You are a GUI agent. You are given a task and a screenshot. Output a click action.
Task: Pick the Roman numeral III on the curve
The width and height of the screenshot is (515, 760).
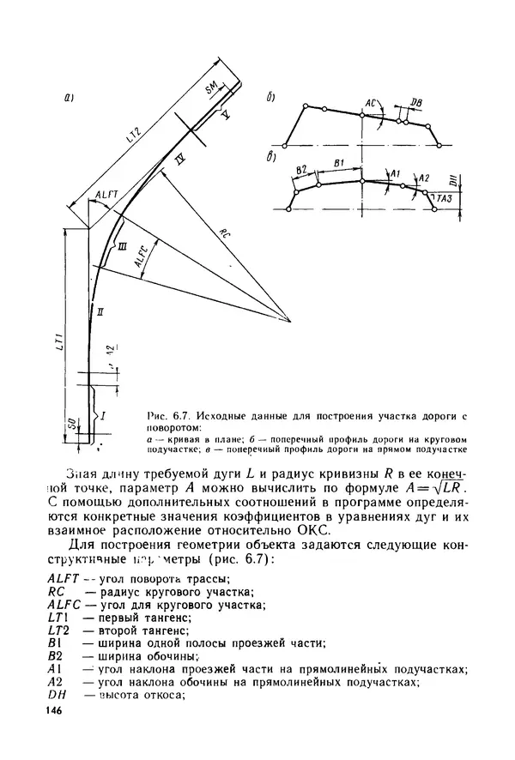[x=123, y=246]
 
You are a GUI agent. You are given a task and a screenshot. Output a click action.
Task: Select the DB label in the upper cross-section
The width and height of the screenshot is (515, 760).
[x=416, y=104]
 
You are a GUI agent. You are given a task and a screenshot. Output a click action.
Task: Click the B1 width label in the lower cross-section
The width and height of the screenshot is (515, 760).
[x=339, y=161]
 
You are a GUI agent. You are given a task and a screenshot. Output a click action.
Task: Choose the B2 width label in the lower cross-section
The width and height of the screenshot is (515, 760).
[x=300, y=171]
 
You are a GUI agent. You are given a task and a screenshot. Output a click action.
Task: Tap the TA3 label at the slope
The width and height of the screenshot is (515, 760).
[x=445, y=199]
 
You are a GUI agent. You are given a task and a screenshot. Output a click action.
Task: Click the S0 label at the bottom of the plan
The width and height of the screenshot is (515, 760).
[x=71, y=423]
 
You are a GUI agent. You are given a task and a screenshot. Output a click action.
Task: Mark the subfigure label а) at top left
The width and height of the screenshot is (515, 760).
[x=69, y=100]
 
